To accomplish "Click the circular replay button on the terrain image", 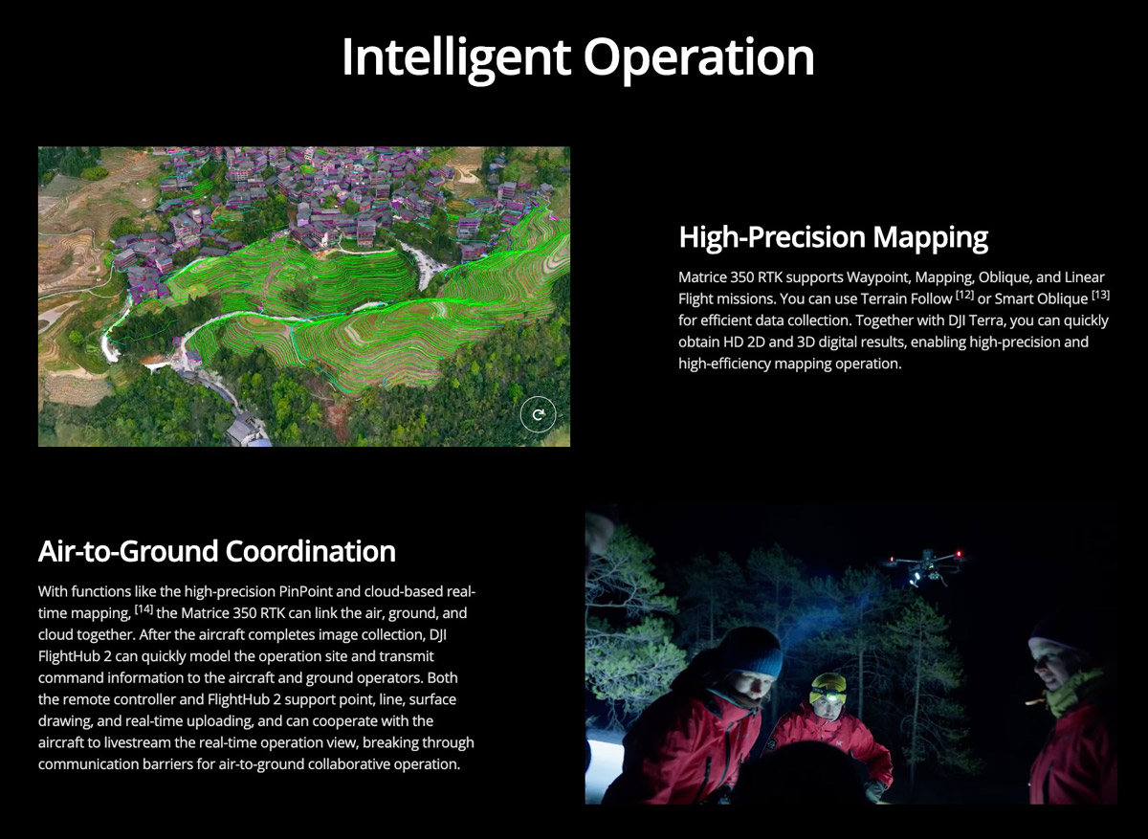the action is tap(538, 414).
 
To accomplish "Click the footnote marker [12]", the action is tap(964, 296).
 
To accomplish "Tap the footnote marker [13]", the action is tap(1100, 296).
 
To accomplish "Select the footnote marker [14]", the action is tap(144, 609).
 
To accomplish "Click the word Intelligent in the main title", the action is tap(456, 57).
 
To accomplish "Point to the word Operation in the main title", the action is tap(699, 57).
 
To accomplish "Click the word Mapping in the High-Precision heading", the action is tap(930, 237).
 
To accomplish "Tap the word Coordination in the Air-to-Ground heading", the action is tap(311, 551).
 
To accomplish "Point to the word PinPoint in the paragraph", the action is tap(306, 592).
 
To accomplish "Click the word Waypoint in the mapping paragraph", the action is tap(878, 277).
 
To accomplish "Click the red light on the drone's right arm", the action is tap(959, 554).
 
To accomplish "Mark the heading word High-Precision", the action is tap(772, 237).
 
